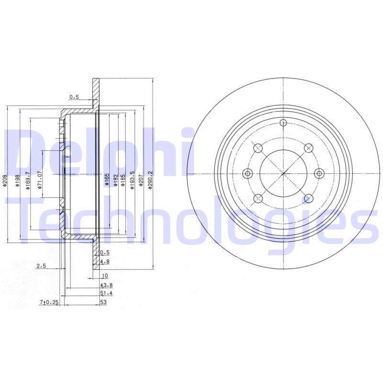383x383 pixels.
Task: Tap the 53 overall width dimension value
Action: [x=103, y=302]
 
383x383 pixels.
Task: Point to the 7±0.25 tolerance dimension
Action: [x=49, y=302]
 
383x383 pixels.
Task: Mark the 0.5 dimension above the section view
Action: [x=74, y=97]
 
